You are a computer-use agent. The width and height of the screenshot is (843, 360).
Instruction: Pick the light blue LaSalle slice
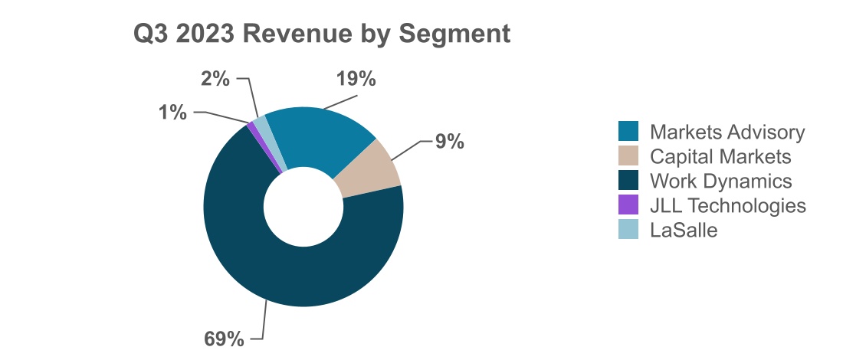coord(262,126)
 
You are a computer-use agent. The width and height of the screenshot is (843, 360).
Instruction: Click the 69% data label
coord(225,338)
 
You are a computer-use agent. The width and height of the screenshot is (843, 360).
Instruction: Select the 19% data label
coord(356,79)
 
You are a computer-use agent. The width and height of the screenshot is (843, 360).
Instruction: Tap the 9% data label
coord(450,142)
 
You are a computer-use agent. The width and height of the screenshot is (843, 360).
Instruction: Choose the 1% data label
coord(173,113)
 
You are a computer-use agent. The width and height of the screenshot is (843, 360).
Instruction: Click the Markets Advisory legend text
coord(727,132)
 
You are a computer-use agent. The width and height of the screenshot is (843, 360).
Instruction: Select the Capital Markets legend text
coord(720,156)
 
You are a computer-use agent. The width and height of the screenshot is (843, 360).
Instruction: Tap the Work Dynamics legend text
coord(720,181)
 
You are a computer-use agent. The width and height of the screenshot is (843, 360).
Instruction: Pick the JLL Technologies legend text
coord(727,205)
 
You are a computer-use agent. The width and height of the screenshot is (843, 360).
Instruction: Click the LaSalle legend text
coord(684,230)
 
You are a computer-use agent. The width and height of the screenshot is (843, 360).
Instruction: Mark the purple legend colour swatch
coord(628,205)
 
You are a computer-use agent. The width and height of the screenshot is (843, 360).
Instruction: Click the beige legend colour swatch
coord(628,156)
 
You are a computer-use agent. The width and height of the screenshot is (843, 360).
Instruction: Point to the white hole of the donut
coord(303,206)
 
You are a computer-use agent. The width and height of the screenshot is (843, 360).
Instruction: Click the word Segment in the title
coord(463,33)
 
